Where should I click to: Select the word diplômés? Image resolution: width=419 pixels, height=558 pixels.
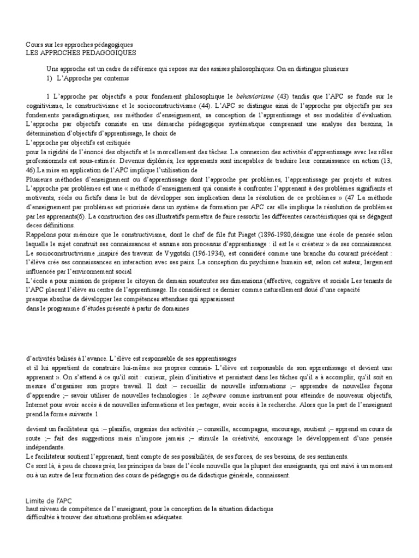187,162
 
